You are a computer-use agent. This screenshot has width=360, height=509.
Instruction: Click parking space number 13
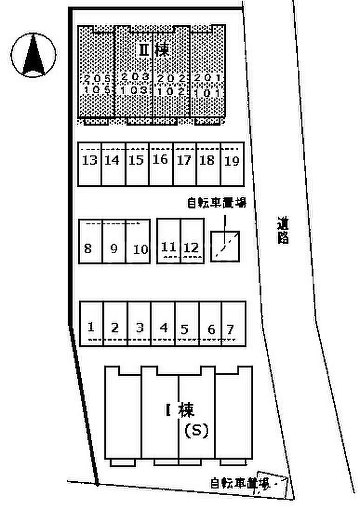tap(89, 161)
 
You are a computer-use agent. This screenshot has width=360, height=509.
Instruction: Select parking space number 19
tap(232, 161)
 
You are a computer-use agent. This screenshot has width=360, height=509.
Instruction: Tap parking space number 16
tap(160, 160)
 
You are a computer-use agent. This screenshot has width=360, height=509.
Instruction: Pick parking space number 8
tap(88, 249)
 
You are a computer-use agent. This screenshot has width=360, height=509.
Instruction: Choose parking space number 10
tap(140, 250)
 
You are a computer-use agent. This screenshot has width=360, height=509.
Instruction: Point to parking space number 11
tap(169, 247)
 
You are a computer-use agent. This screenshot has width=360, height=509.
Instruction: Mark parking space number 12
tap(191, 247)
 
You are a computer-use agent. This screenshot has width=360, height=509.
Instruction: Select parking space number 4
tap(164, 327)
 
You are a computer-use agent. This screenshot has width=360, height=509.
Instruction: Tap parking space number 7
tap(230, 328)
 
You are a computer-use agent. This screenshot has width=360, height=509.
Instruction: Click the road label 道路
tap(282, 231)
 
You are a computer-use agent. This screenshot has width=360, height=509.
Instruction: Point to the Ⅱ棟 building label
tap(155, 49)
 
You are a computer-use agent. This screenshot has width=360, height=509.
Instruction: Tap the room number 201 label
tap(208, 78)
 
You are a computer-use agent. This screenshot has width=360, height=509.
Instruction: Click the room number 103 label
tap(135, 89)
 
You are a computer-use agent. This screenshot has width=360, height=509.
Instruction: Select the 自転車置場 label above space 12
tap(216, 203)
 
